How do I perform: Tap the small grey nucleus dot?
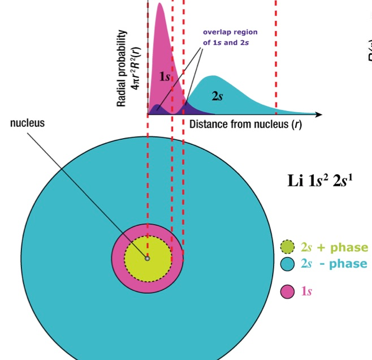coord(147,258)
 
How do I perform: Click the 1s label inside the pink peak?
coord(165,76)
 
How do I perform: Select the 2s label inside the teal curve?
coord(217,96)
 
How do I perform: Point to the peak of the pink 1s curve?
coord(160,5)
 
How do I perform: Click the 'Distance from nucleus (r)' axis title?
coord(245,125)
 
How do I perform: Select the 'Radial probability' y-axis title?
coord(127,68)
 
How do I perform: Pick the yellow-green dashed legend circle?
coord(288,247)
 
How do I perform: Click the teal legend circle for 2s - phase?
coord(288,264)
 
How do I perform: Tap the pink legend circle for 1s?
coord(288,292)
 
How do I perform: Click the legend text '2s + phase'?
coord(334,247)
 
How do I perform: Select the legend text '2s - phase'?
coord(334,264)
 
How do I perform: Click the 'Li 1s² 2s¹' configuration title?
coord(320,182)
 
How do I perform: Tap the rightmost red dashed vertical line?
coord(276,57)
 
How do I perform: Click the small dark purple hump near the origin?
coord(157,109)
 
